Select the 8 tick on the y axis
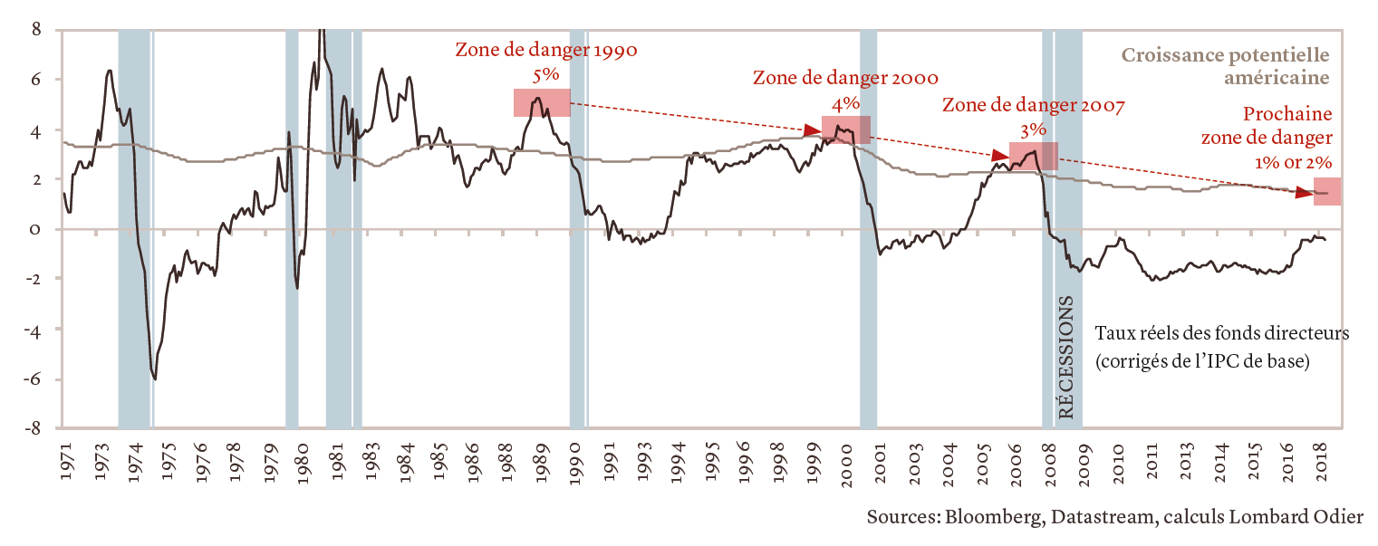coord(36,29)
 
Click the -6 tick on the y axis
coord(34,379)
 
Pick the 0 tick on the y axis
coord(36,229)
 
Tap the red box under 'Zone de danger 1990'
coord(542,102)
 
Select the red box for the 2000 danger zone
coord(846,129)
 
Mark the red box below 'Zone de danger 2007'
coord(1033,157)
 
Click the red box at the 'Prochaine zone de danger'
coord(1327,191)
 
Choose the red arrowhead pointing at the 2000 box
coord(812,131)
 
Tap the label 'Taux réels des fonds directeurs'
coord(1222,334)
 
